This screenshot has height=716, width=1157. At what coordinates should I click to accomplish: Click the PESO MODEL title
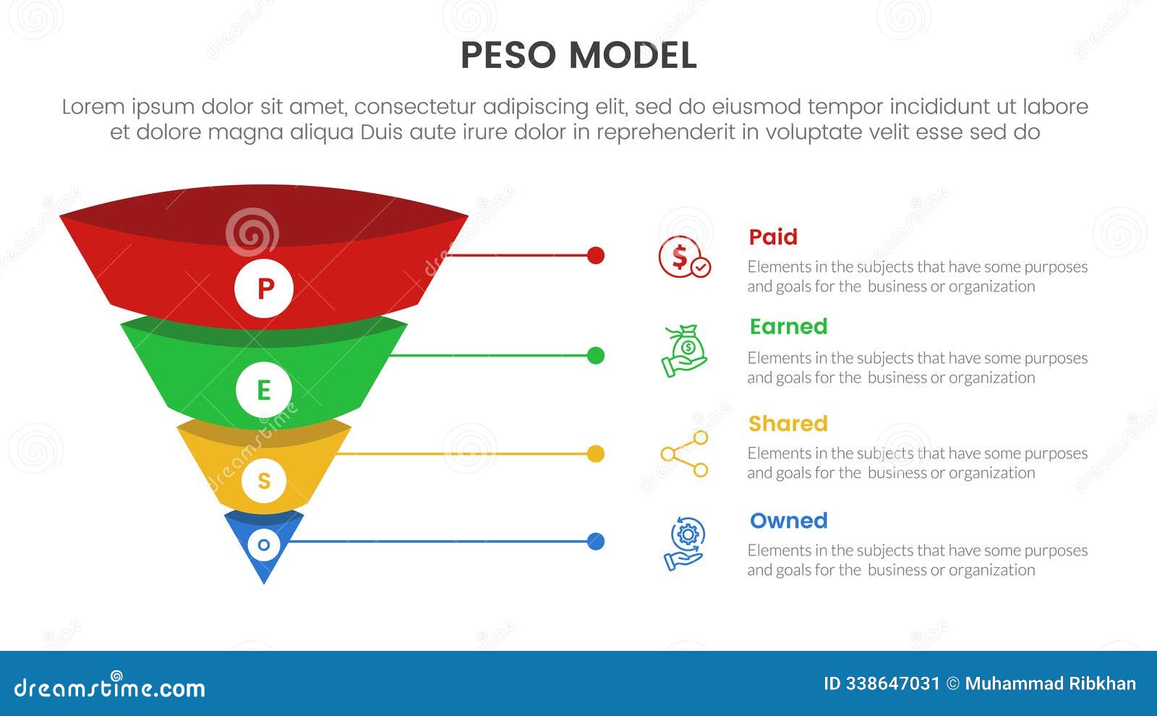click(x=578, y=56)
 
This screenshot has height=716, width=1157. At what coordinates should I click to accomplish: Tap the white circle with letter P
click(x=264, y=289)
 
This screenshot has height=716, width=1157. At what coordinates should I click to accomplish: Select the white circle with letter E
click(x=264, y=390)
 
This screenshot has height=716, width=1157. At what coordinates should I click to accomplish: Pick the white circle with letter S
click(x=264, y=480)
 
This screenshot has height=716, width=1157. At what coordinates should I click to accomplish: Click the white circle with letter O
click(x=264, y=545)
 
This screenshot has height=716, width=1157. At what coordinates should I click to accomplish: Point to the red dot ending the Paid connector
click(x=596, y=255)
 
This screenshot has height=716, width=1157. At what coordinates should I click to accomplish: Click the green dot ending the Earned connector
click(x=596, y=355)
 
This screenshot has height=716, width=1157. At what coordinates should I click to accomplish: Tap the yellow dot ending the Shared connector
click(x=596, y=453)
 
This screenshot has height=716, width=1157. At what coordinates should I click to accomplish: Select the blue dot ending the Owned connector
click(x=596, y=541)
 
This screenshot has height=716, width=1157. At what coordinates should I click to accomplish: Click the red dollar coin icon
click(x=684, y=257)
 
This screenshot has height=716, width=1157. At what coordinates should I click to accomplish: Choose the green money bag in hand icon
click(x=684, y=351)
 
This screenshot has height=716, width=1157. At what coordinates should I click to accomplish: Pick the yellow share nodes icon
click(x=684, y=453)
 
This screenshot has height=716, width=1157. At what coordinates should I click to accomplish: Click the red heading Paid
click(x=773, y=236)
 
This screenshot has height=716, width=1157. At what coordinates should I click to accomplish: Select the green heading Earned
click(x=788, y=326)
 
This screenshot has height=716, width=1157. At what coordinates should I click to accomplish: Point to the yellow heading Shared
click(x=787, y=423)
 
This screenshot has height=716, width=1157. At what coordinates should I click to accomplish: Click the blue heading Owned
click(x=788, y=520)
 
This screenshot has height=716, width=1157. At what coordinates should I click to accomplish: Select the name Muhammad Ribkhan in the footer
click(x=1050, y=683)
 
